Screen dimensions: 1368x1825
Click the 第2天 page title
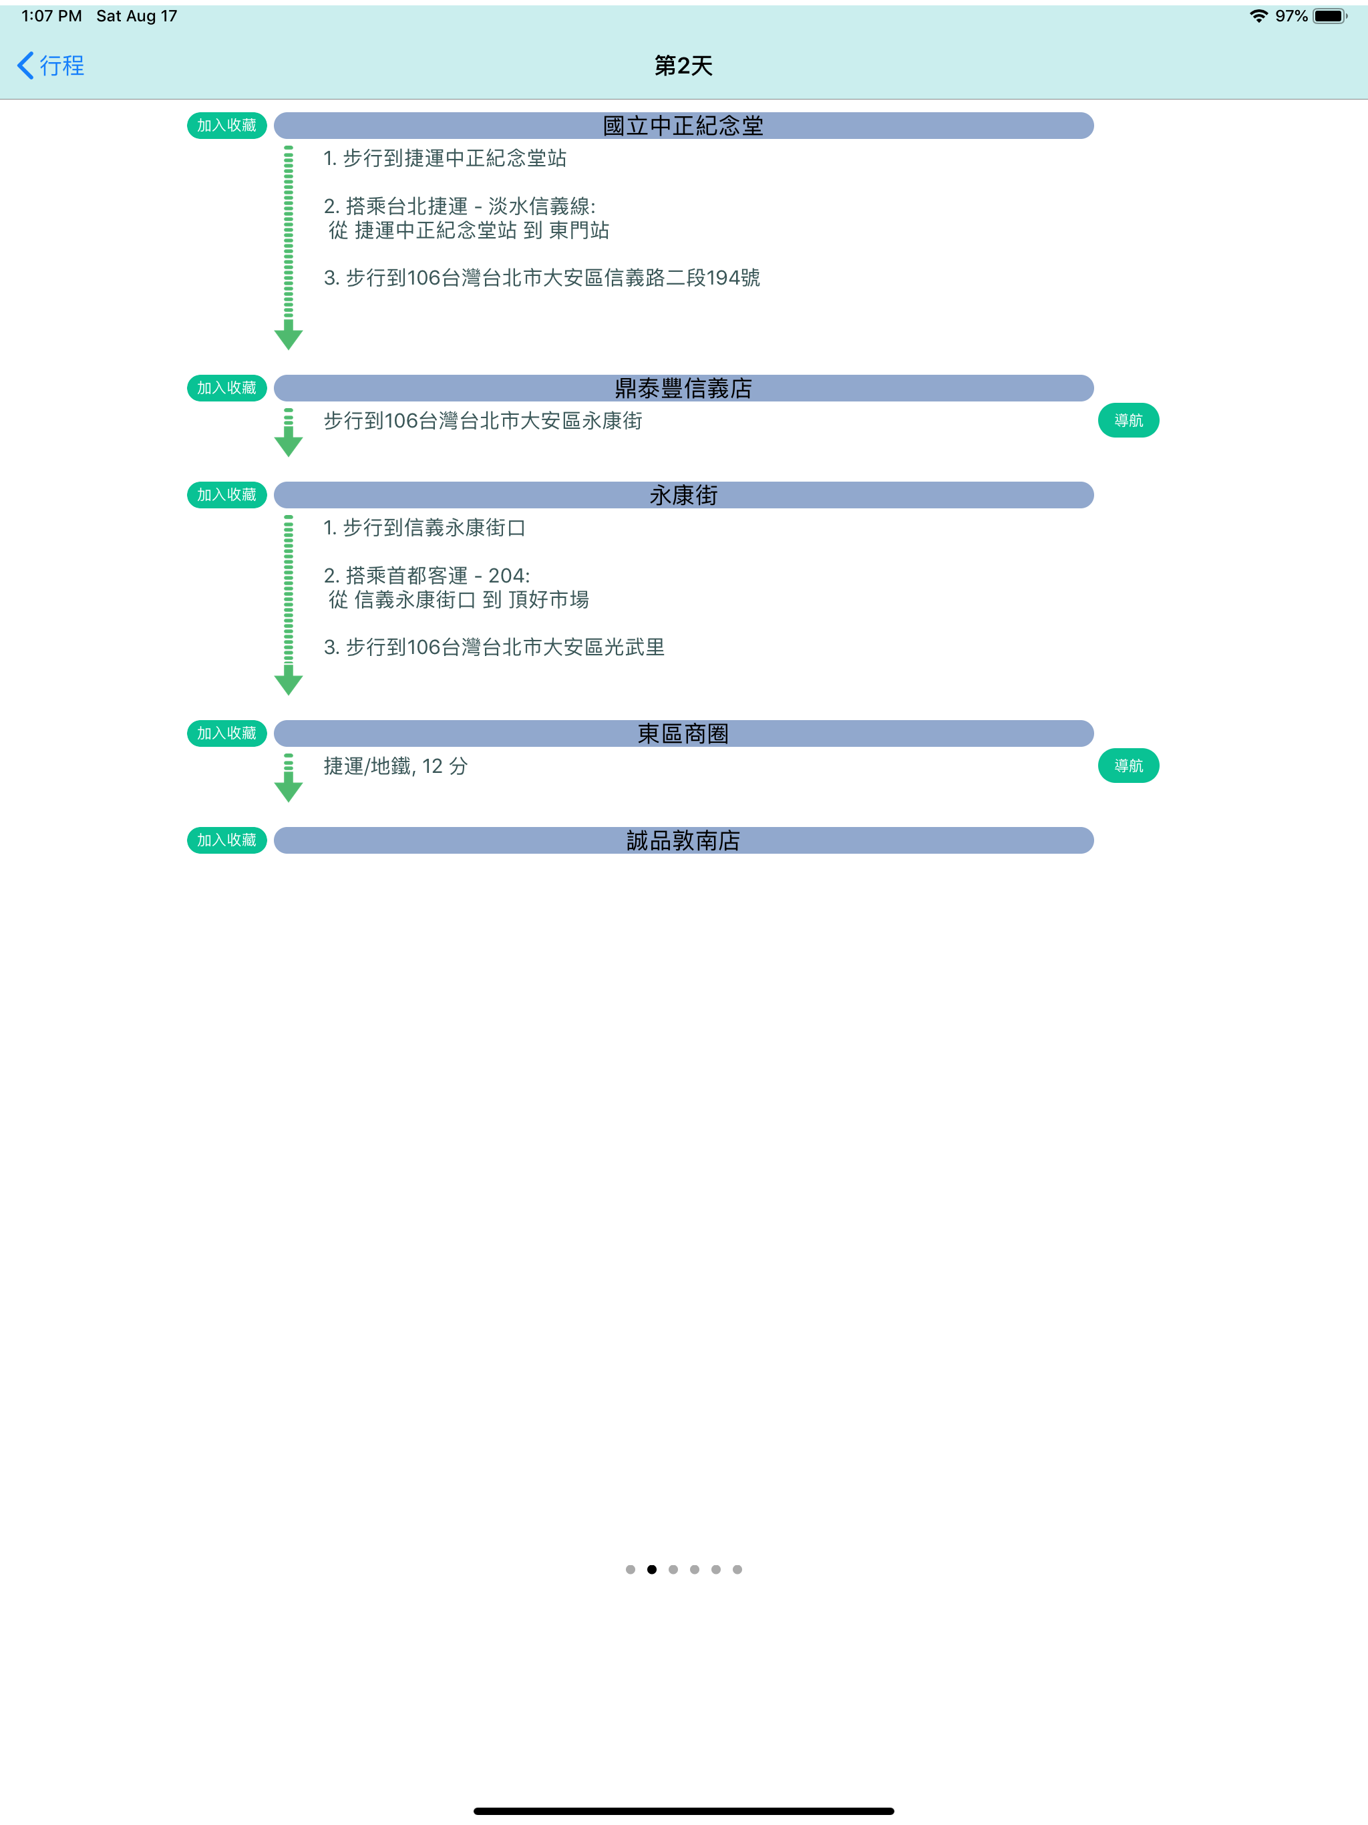click(x=683, y=66)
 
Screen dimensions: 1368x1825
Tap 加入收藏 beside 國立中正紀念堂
click(x=227, y=126)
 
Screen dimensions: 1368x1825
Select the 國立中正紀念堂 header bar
click(x=683, y=126)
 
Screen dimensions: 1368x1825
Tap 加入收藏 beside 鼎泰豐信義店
click(x=227, y=387)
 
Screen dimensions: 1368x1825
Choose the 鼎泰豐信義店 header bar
click(x=683, y=387)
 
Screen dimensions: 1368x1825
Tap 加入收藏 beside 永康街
click(x=227, y=495)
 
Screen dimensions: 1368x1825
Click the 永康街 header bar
click(x=683, y=495)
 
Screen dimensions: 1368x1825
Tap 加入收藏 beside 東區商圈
click(x=227, y=733)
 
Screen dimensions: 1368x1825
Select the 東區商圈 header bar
click(x=683, y=733)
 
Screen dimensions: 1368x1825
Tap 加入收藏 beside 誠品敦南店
click(x=227, y=840)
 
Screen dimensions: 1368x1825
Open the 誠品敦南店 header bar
click(x=683, y=840)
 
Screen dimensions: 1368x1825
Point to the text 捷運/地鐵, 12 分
click(x=395, y=766)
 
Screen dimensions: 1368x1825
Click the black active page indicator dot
click(x=652, y=1569)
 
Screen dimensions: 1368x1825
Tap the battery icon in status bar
click(x=1330, y=15)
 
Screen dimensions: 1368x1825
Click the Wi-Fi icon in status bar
click(x=1258, y=15)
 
